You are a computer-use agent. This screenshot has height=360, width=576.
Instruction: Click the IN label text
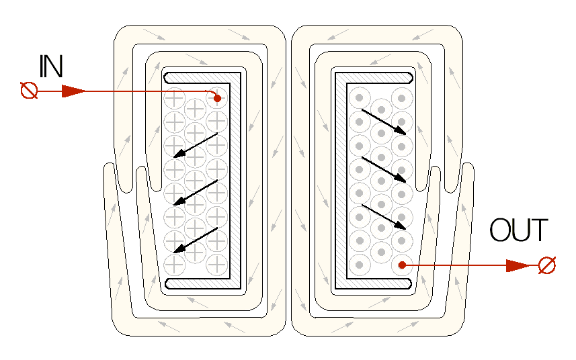tap(51, 66)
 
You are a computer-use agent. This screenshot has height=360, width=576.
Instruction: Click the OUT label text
tap(519, 230)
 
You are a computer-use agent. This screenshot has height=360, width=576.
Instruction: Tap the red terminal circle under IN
tap(29, 91)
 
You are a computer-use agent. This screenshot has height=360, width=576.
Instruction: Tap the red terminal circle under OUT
tap(547, 265)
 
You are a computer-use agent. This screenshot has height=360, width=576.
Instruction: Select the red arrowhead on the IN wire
tap(73, 91)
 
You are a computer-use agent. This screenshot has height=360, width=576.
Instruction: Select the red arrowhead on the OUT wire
tap(518, 265)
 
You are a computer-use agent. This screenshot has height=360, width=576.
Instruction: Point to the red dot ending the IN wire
tap(217, 98)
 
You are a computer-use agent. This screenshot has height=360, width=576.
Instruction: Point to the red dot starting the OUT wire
tap(402, 265)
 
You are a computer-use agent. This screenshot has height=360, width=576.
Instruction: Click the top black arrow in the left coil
tap(195, 145)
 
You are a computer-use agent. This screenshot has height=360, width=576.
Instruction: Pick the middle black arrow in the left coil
tap(195, 192)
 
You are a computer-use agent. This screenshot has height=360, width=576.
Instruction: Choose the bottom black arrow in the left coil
tap(195, 240)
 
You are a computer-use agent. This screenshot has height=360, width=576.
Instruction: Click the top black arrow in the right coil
tap(384, 122)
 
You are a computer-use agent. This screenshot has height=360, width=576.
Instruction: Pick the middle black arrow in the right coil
tap(384, 169)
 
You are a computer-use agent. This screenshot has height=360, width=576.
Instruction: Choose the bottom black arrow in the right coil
tap(384, 216)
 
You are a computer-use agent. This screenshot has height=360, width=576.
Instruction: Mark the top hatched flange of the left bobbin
tap(202, 77)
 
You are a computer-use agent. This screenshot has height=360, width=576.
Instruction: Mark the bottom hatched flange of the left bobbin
tap(202, 283)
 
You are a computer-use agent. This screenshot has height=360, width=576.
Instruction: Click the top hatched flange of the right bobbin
tap(374, 77)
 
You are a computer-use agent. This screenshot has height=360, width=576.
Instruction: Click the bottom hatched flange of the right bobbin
tap(374, 283)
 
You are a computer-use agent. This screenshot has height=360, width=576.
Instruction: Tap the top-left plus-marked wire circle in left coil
tap(174, 98)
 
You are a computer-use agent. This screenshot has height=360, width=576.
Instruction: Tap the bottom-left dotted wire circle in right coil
tap(360, 265)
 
